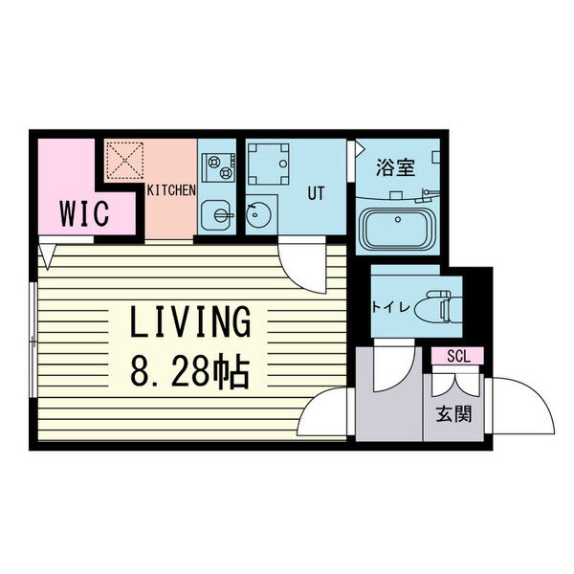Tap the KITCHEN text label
(170, 190)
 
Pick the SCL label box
(456, 357)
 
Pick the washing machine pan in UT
(269, 165)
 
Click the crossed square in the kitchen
(124, 161)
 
